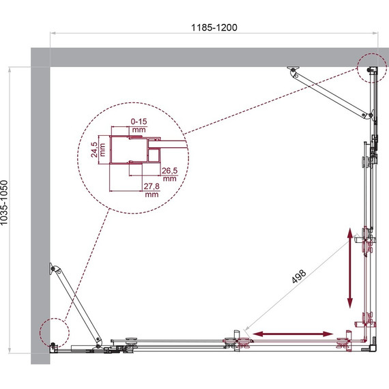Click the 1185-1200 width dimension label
[x=214, y=27]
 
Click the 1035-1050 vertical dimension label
[x=4, y=203]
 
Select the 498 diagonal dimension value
[x=299, y=276]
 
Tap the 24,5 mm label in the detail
[x=98, y=149]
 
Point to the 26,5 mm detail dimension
[x=170, y=175]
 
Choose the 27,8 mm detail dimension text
[x=152, y=190]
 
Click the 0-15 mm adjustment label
[x=139, y=126]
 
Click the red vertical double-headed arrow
[x=350, y=268]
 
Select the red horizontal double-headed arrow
[x=293, y=334]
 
